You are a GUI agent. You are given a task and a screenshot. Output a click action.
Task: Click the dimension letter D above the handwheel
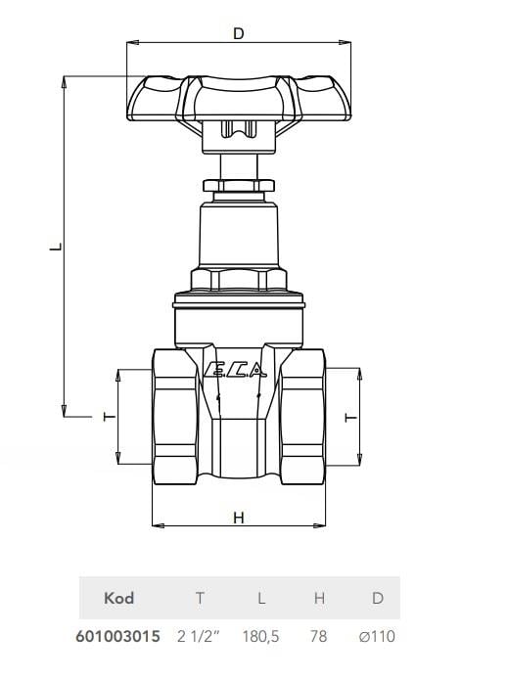coord(239,33)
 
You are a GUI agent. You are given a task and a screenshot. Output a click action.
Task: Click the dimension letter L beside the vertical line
coord(56,247)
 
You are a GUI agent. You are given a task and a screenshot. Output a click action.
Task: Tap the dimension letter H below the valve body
coord(239,518)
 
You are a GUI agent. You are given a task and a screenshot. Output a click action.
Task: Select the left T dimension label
coord(110,417)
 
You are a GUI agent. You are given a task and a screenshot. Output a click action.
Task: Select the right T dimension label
coord(350,417)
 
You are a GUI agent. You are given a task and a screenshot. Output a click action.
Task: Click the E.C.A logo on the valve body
coord(234,370)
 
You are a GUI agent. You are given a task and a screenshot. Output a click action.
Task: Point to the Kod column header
coord(119,598)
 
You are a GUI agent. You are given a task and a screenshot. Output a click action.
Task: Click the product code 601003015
coord(117,637)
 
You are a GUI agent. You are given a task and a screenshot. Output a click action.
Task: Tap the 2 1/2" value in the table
coord(199,637)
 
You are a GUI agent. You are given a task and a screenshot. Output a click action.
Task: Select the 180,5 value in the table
coord(260,637)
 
